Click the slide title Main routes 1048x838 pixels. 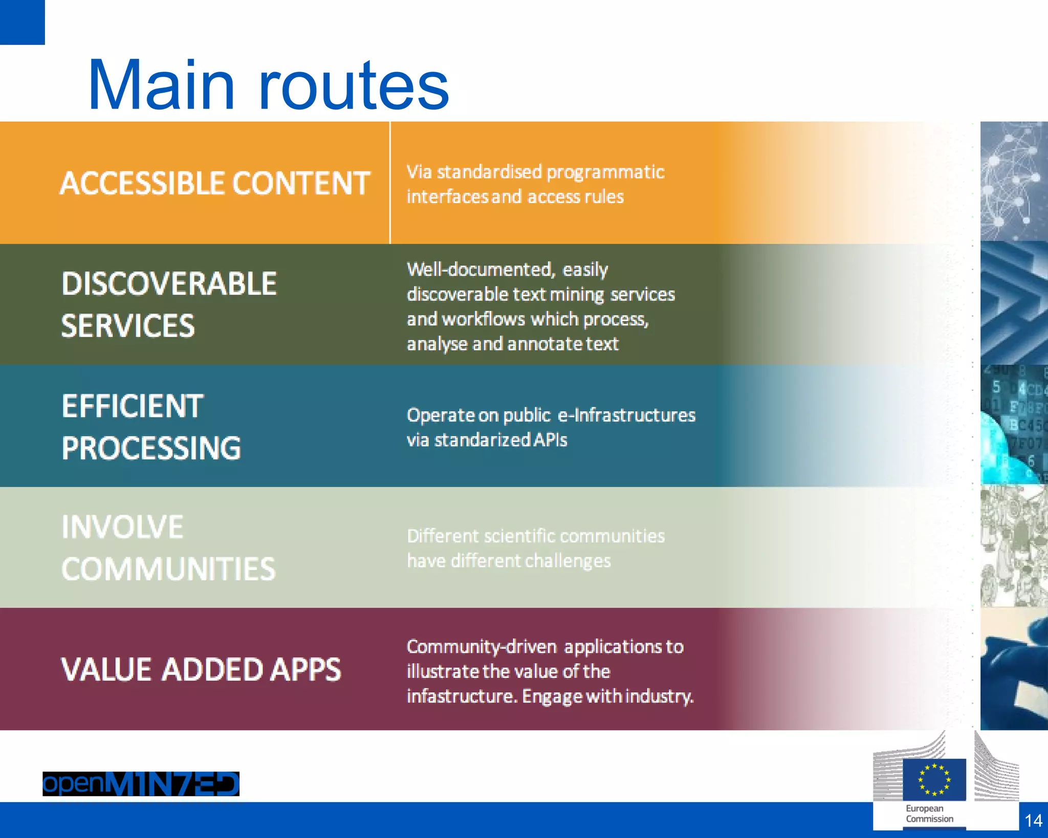(x=268, y=85)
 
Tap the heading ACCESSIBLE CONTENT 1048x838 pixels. (x=215, y=183)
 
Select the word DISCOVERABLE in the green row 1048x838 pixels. (x=169, y=284)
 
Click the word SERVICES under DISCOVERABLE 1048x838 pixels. (x=128, y=326)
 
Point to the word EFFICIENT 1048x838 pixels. (x=133, y=406)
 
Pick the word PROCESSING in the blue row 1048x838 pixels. (x=151, y=448)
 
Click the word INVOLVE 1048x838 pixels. (x=122, y=527)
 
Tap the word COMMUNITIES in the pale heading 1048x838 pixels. (x=168, y=569)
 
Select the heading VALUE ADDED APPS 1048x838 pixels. (x=201, y=670)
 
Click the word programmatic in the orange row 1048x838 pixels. (x=605, y=173)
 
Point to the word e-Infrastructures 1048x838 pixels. (x=626, y=415)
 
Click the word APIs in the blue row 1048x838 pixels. (x=550, y=440)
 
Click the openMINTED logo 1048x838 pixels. (x=141, y=784)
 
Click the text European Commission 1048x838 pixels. (x=929, y=813)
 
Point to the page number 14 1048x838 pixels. (x=1033, y=821)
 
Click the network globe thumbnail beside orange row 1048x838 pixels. (x=1014, y=181)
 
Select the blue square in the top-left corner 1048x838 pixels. (x=22, y=22)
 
